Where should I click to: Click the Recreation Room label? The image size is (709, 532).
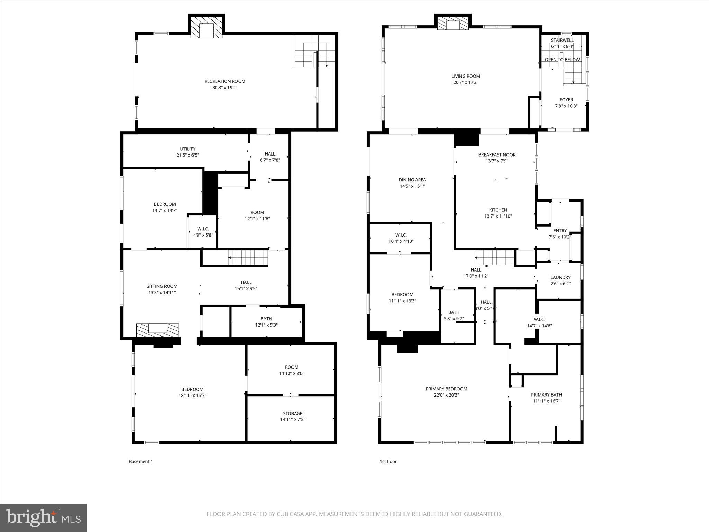tap(225, 81)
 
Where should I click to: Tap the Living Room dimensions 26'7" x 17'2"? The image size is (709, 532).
tap(466, 82)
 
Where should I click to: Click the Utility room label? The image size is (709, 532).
tap(188, 149)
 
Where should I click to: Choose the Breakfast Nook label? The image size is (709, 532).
tap(497, 155)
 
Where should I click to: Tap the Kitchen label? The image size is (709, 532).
tap(498, 210)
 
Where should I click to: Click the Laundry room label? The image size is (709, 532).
tap(560, 277)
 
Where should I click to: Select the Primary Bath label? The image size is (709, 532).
tap(546, 395)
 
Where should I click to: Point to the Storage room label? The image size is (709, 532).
tap(293, 414)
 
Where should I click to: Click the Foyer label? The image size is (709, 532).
tap(566, 100)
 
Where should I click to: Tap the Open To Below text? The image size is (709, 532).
tap(562, 60)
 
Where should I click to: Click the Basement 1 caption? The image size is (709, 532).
tap(141, 461)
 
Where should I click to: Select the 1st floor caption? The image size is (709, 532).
tap(388, 461)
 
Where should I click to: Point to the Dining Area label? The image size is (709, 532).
tap(412, 180)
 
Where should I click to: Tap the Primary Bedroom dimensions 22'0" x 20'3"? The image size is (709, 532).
tap(446, 395)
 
